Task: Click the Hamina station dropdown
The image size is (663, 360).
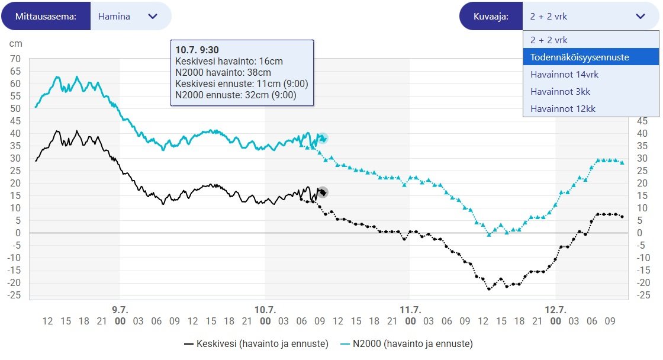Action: [x=130, y=17]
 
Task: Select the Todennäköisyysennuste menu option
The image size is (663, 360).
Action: [x=580, y=57]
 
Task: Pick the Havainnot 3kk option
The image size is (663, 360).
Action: [x=560, y=92]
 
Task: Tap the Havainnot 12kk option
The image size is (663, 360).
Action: [x=562, y=109]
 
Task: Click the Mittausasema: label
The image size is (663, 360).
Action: [x=46, y=17]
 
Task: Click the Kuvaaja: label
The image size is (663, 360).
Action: [x=491, y=17]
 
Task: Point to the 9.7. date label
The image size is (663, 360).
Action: [x=120, y=310]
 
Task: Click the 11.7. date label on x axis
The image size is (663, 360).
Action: [x=410, y=310]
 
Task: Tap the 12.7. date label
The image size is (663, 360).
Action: [x=555, y=310]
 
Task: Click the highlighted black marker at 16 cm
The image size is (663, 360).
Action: [x=323, y=192]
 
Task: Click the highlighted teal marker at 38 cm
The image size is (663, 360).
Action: [x=323, y=138]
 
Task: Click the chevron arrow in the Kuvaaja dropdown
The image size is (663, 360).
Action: [x=641, y=17]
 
